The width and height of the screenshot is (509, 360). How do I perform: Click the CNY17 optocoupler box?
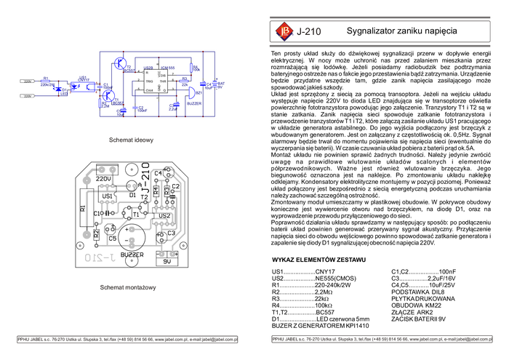pos(84,86)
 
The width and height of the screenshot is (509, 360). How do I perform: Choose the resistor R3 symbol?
pos(185,81)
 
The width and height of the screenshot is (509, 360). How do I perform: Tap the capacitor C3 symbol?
pos(134,107)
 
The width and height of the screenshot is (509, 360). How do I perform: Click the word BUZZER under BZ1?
pos(193,104)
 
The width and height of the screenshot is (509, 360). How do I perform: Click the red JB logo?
pos(281,32)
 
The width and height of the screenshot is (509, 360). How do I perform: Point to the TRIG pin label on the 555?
pos(149,81)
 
